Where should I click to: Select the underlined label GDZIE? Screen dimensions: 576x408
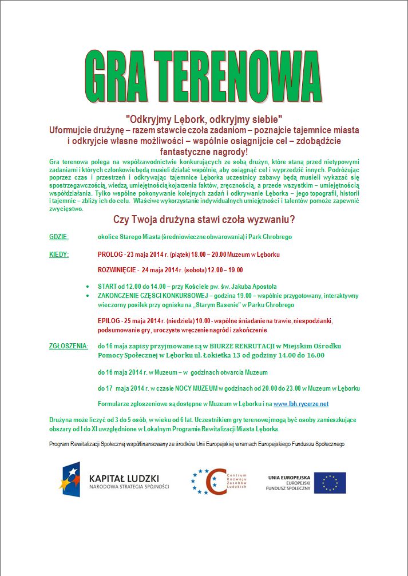(59, 237)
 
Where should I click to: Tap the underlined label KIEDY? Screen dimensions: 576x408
(59, 254)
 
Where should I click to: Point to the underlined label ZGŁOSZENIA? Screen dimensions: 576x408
(69, 346)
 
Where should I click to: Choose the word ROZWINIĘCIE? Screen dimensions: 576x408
(117, 269)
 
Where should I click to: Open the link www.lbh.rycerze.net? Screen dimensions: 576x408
(301, 404)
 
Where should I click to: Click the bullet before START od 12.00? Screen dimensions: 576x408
(86, 287)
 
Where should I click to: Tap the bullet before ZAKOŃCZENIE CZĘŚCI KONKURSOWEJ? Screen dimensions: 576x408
(86, 296)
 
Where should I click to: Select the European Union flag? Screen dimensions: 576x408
(330, 483)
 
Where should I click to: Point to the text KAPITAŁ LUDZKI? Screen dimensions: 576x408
(124, 478)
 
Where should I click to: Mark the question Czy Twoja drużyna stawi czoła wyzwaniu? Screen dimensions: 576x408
(204, 220)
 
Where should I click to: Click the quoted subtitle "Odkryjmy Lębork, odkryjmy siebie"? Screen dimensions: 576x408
(204, 120)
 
